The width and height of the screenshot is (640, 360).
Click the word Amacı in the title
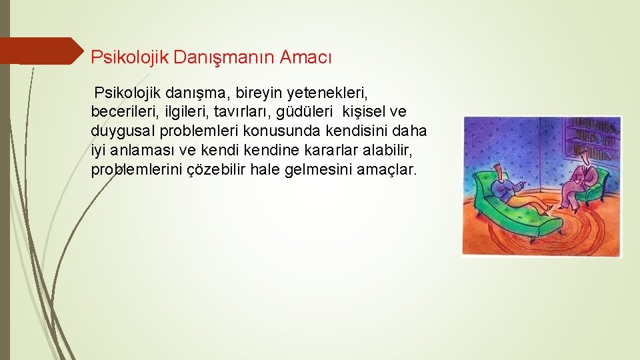pos(305,57)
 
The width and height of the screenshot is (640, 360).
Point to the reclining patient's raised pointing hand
pos(527,181)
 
